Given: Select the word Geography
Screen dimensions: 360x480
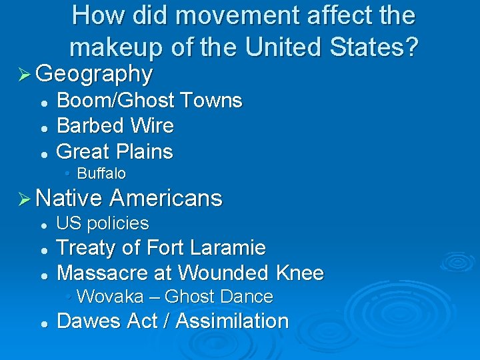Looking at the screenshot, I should [x=94, y=73].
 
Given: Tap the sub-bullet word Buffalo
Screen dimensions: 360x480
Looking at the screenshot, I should [x=101, y=174].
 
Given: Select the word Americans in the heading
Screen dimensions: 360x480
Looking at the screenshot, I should [x=165, y=198].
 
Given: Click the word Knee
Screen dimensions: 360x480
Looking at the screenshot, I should [x=299, y=273].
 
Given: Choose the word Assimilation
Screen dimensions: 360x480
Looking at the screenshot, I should [x=233, y=321].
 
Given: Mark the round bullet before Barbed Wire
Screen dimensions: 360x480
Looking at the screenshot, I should [x=43, y=127].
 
